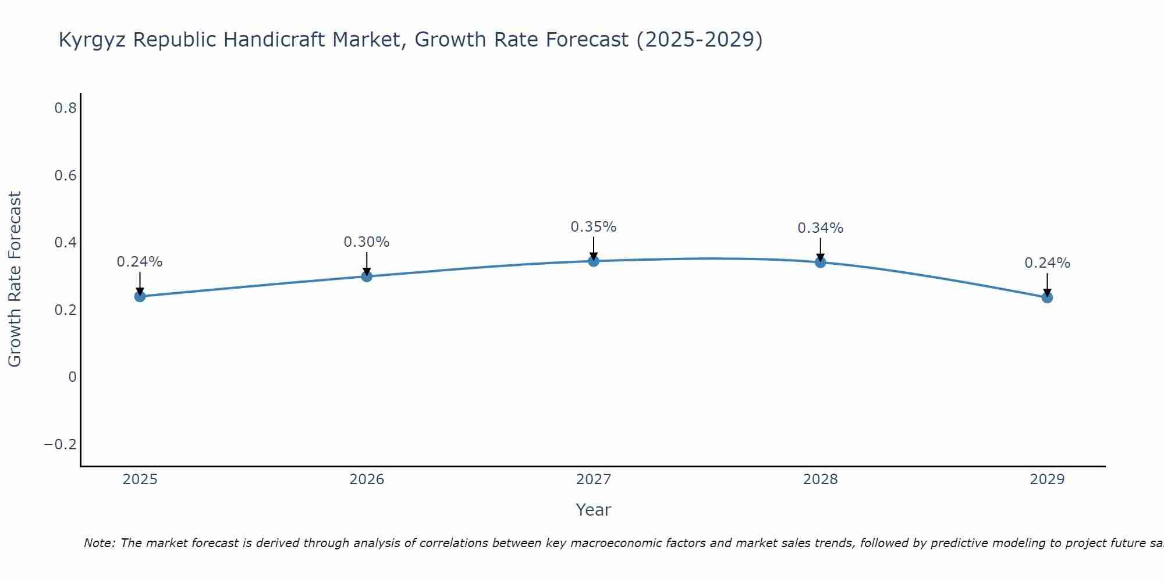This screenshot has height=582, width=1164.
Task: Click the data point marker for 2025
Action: pyautogui.click(x=140, y=296)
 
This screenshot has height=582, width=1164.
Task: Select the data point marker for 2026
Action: pyautogui.click(x=367, y=276)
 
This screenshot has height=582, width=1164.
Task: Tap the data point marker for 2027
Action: pyautogui.click(x=594, y=261)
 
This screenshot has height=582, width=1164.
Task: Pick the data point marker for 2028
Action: pyautogui.click(x=821, y=262)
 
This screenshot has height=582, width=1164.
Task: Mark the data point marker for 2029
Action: pyautogui.click(x=1047, y=297)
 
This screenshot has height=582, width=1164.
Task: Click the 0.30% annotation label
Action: pyautogui.click(x=367, y=242)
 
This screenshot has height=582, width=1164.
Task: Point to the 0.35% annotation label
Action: pyautogui.click(x=594, y=227)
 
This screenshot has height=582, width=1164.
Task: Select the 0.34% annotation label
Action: pyautogui.click(x=821, y=228)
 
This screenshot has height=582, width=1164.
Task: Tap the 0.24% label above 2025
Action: pyautogui.click(x=140, y=262)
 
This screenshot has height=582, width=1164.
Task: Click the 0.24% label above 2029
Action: pyautogui.click(x=1047, y=263)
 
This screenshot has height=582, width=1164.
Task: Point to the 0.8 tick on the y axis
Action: pyautogui.click(x=66, y=108)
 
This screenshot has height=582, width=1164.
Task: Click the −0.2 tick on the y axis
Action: pyautogui.click(x=61, y=445)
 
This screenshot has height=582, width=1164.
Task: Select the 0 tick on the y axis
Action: pyautogui.click(x=72, y=377)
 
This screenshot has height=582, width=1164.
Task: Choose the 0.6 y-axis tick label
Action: pyautogui.click(x=66, y=175)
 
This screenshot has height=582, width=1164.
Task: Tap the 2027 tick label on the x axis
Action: pyautogui.click(x=594, y=480)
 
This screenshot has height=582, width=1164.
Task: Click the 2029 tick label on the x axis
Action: pyautogui.click(x=1047, y=480)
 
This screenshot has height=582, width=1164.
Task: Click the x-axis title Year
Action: pyautogui.click(x=594, y=510)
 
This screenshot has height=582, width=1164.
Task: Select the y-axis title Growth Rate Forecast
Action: pyautogui.click(x=15, y=279)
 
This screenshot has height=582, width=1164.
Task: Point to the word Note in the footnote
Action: pyautogui.click(x=99, y=543)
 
